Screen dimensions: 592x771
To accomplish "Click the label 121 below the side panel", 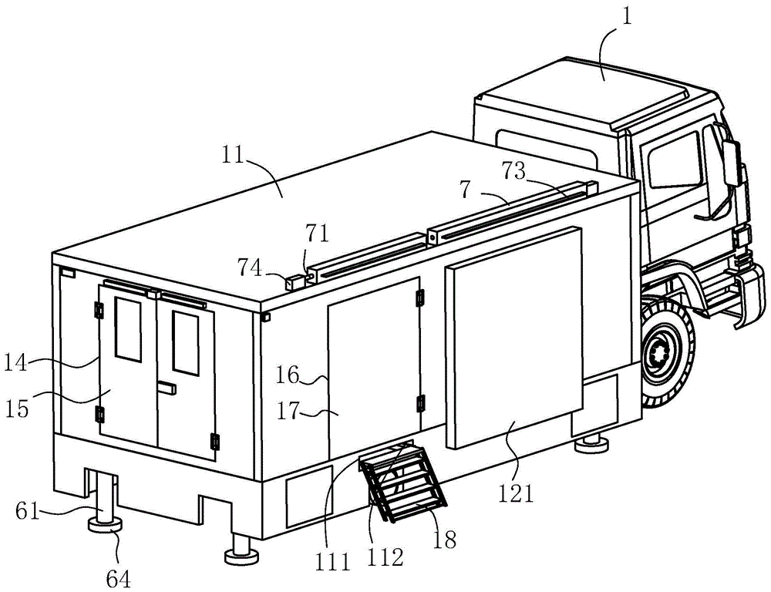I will [516, 493].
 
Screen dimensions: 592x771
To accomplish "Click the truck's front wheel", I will [664, 355].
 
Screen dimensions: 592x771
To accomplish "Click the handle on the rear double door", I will [166, 390].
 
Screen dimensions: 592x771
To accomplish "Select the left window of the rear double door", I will [128, 329].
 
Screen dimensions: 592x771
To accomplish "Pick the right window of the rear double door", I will [185, 343].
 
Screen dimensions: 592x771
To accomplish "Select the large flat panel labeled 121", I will [513, 339].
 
